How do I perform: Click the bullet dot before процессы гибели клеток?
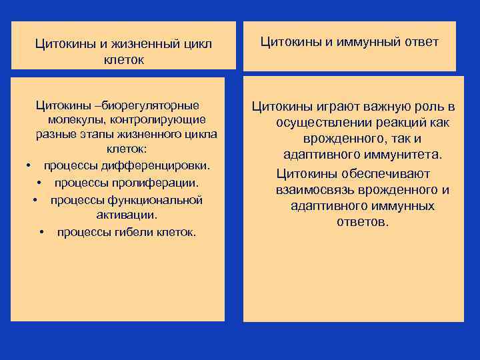click(41, 233)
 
